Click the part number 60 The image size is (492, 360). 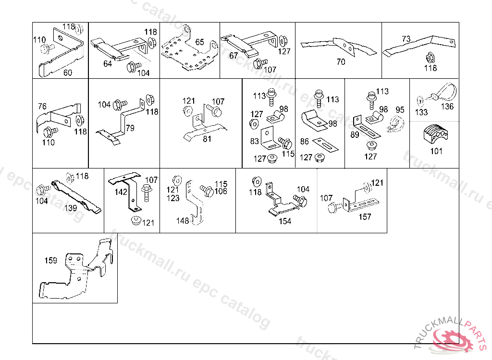tap(68, 72)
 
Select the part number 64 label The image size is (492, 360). tap(107, 63)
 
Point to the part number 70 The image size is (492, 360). tap(341, 61)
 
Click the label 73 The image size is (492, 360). tap(406, 39)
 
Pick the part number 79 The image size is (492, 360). tap(130, 128)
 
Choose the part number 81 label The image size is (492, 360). tap(207, 139)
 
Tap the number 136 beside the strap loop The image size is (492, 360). tap(447, 106)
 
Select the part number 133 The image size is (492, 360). tap(421, 112)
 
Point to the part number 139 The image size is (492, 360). tap(71, 208)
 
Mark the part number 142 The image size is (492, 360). tap(121, 192)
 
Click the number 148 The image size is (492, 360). tap(183, 221)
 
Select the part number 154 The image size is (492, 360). tap(285, 221)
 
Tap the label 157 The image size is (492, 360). tap(365, 216)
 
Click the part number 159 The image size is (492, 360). tap(51, 261)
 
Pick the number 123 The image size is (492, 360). tap(173, 198)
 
